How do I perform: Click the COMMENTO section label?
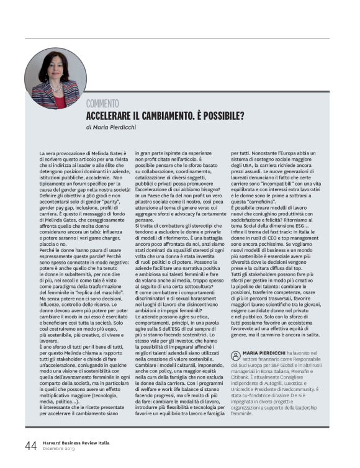102,104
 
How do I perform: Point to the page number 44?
30,445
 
